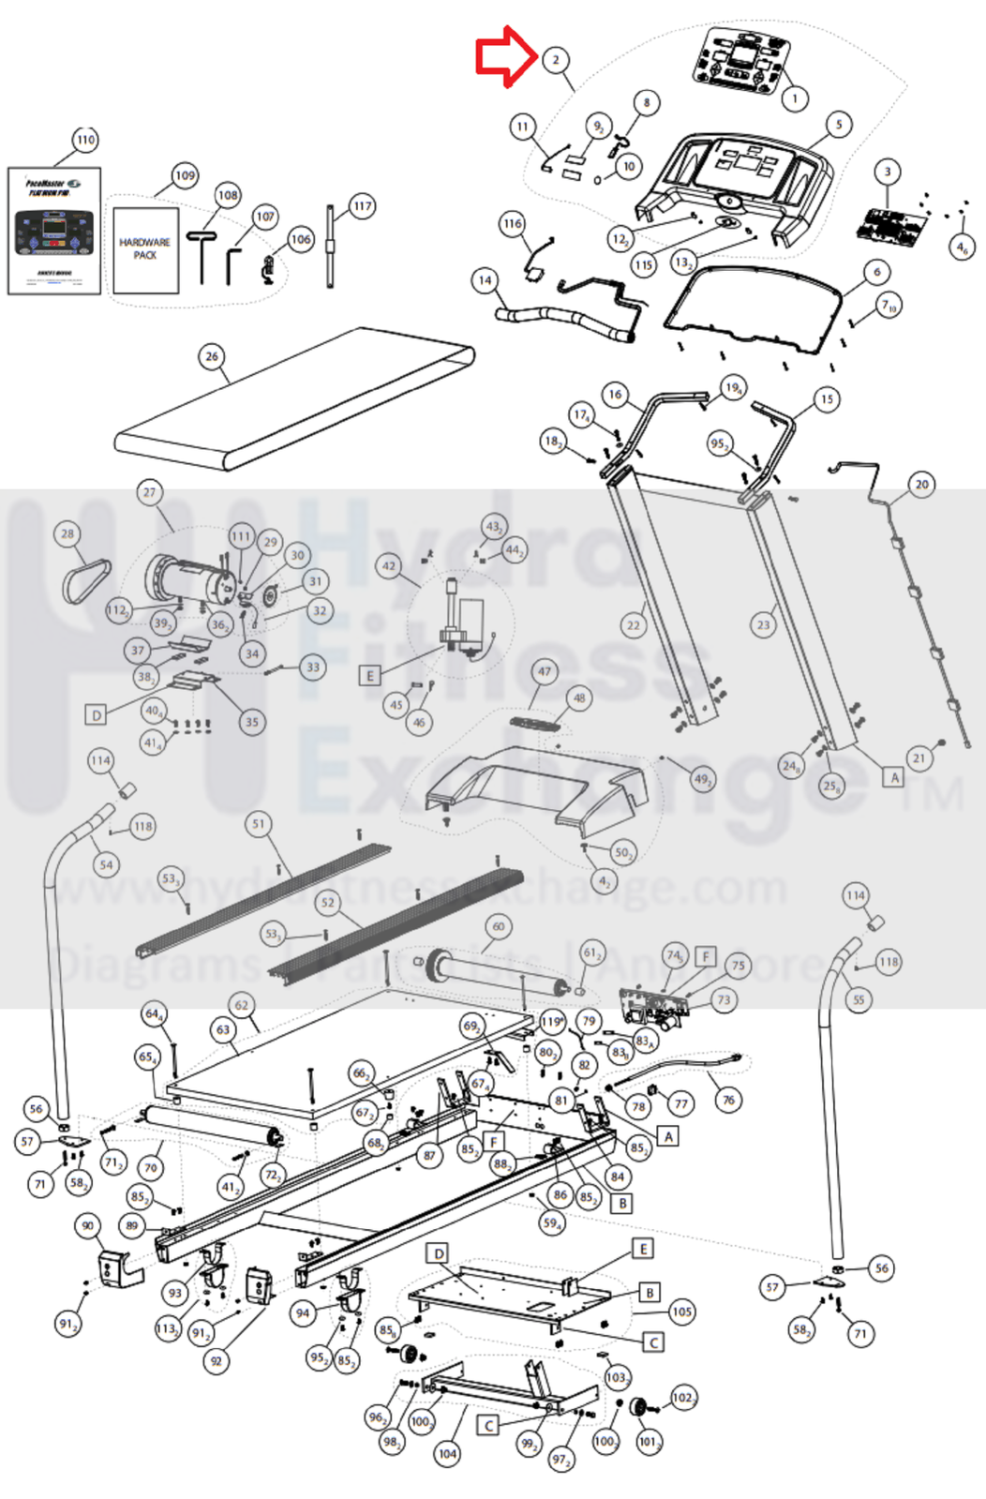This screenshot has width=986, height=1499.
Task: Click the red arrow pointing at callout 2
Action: [504, 56]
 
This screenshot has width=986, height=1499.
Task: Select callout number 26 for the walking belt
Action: [212, 356]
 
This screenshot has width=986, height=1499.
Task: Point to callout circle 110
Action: [85, 140]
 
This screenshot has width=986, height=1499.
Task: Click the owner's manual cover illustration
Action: [54, 231]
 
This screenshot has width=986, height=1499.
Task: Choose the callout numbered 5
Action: [839, 124]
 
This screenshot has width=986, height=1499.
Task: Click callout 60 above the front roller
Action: [499, 926]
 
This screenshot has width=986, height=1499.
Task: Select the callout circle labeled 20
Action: [921, 485]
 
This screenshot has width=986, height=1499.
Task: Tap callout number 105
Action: [681, 1312]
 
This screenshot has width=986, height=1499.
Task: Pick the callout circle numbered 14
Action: [485, 279]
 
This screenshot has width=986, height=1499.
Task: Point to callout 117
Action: [363, 206]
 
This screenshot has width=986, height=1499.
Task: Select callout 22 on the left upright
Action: [634, 625]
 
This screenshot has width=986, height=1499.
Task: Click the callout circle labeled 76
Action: [729, 1100]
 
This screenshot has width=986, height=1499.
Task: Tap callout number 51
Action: [259, 824]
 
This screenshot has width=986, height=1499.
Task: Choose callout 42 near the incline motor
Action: [389, 565]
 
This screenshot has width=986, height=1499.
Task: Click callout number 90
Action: [88, 1225]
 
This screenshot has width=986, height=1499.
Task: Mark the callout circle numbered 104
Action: [448, 1454]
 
